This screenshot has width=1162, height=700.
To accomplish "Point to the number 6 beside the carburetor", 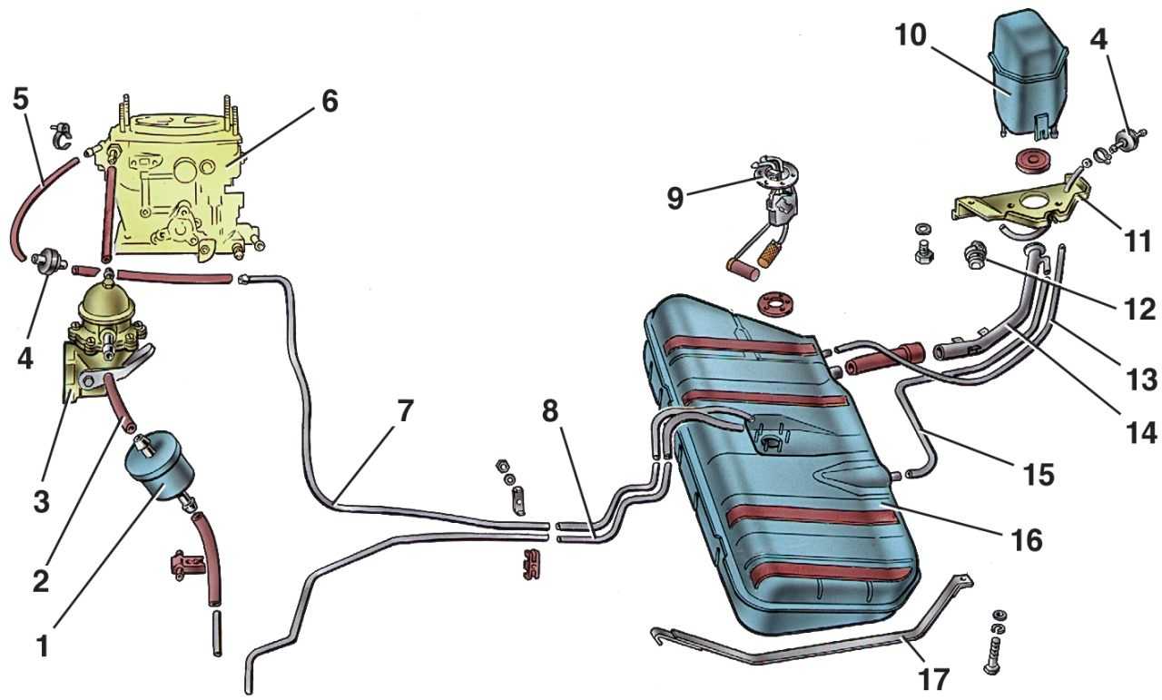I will pos(328,101).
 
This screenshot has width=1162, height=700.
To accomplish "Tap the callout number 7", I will pos(405,412).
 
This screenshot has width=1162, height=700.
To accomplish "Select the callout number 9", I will pos(675,199).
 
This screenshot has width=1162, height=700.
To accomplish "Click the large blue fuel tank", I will pos(781,463).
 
